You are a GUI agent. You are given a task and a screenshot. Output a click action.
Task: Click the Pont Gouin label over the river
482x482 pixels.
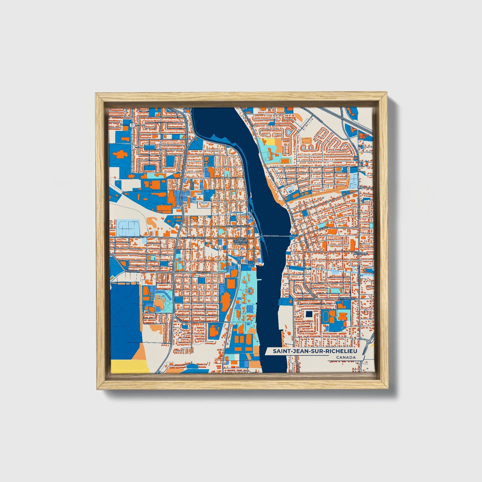(271, 236)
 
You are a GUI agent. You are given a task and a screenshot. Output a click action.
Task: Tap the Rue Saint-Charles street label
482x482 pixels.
(237, 226)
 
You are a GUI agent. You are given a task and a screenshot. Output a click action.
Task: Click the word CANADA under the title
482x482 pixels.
(346, 358)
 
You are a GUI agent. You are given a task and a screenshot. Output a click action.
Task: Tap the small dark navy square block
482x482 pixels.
(309, 314)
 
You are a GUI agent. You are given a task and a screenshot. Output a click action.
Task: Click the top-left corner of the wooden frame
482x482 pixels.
(97, 94)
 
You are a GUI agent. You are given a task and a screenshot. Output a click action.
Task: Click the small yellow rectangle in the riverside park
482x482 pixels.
(270, 142)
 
